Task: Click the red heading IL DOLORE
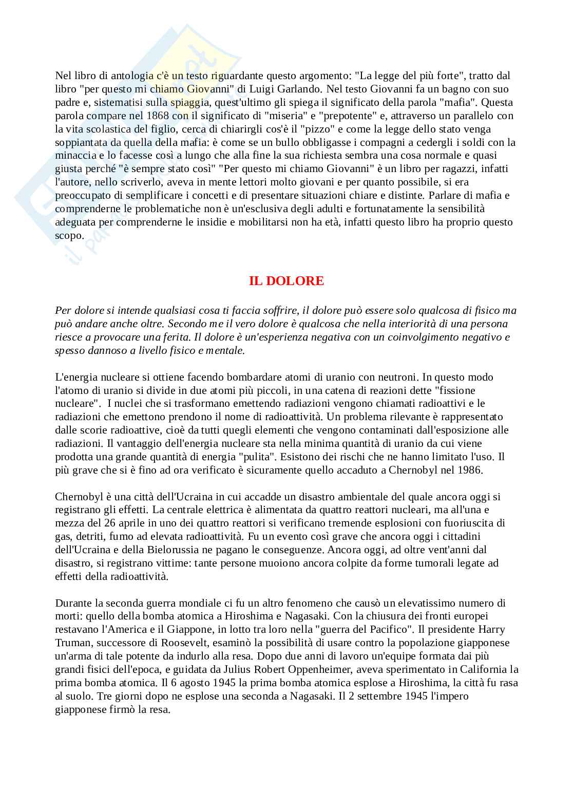coord(286,281)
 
